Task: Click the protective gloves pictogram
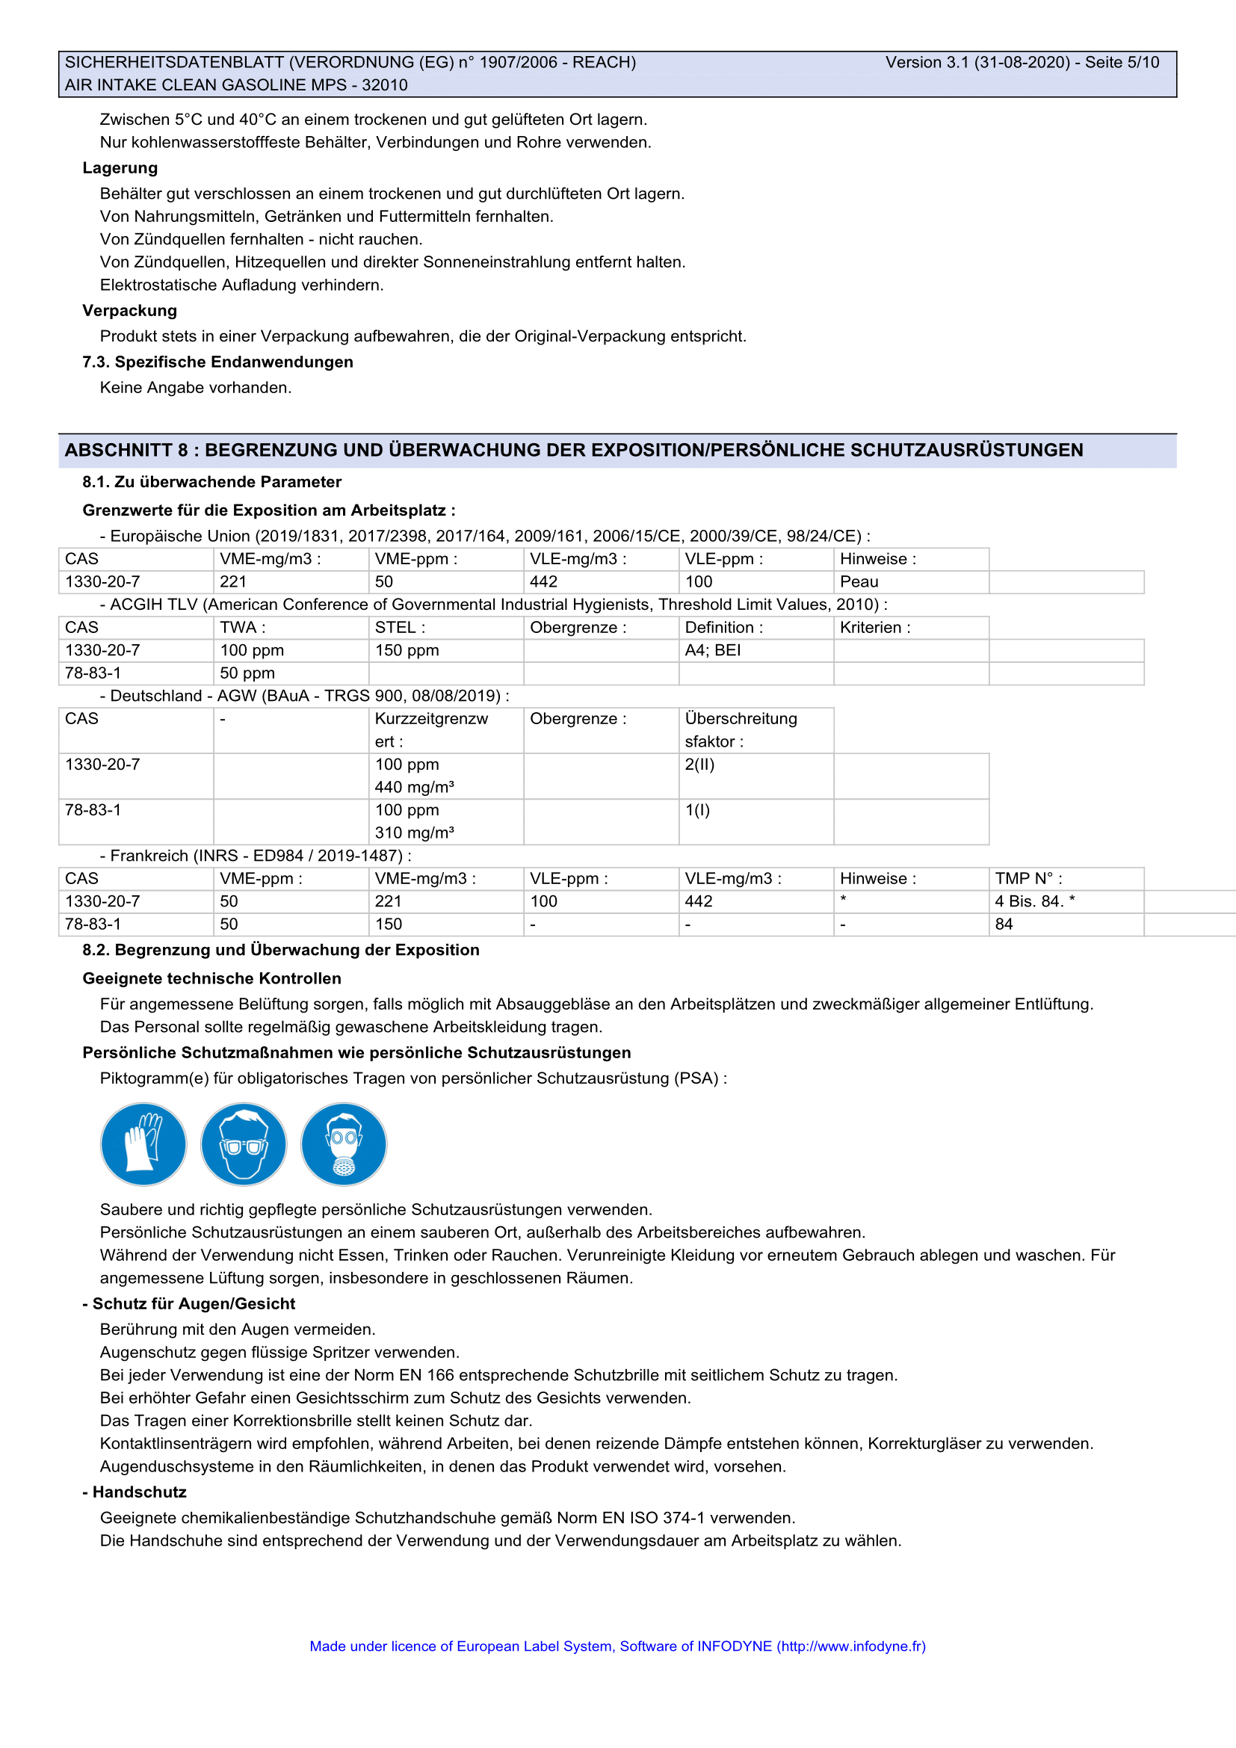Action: point(143,1143)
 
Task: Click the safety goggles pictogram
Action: point(244,1143)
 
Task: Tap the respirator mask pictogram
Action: point(344,1143)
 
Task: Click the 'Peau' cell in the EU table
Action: point(859,581)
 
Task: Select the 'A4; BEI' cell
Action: point(712,650)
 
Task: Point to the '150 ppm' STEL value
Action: point(407,650)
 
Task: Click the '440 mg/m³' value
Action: point(415,787)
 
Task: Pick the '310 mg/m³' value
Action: point(415,833)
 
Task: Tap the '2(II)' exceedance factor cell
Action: point(699,765)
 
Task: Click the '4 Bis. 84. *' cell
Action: point(1034,901)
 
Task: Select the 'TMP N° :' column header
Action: point(1028,879)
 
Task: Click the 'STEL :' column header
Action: point(401,627)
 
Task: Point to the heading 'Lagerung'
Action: point(120,168)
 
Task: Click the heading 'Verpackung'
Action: point(130,311)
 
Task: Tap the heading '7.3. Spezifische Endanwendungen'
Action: point(217,362)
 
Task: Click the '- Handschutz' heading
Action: point(135,1492)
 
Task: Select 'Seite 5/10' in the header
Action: point(1122,63)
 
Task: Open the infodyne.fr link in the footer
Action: point(851,1646)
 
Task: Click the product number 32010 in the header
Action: point(384,85)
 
